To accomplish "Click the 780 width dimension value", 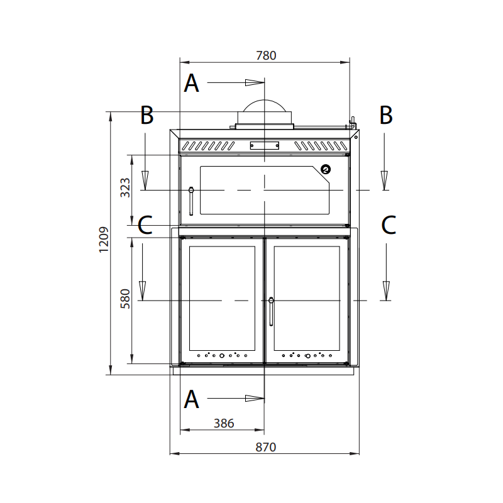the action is [x=266, y=55].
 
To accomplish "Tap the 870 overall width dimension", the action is [x=265, y=447].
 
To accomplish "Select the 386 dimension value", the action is [x=224, y=423].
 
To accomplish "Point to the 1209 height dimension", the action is [x=104, y=240].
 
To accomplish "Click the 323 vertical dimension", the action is [x=125, y=187].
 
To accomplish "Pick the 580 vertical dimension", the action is [x=125, y=299].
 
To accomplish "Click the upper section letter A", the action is [x=192, y=83].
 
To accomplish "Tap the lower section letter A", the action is [x=192, y=399].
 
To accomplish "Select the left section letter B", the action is [x=147, y=115].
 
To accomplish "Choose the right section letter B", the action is [x=386, y=115].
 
